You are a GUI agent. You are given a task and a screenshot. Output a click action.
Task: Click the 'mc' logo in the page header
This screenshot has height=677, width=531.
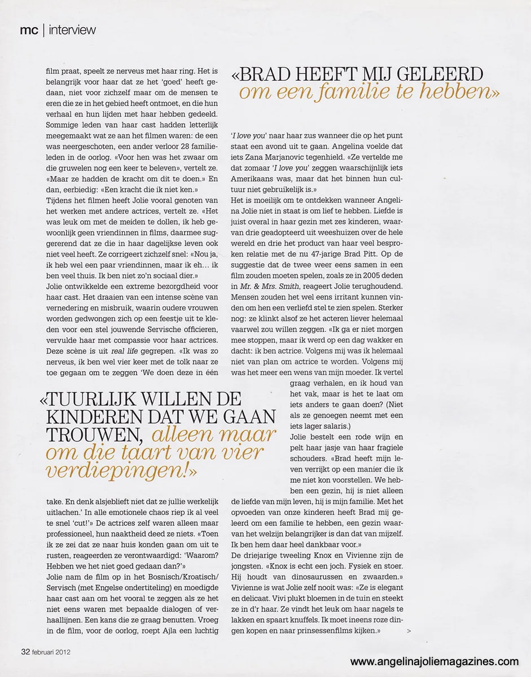[28, 29]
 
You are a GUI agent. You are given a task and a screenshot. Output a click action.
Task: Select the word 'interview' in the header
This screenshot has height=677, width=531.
[72, 29]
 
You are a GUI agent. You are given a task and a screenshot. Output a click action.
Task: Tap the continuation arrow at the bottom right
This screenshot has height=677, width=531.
[409, 630]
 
